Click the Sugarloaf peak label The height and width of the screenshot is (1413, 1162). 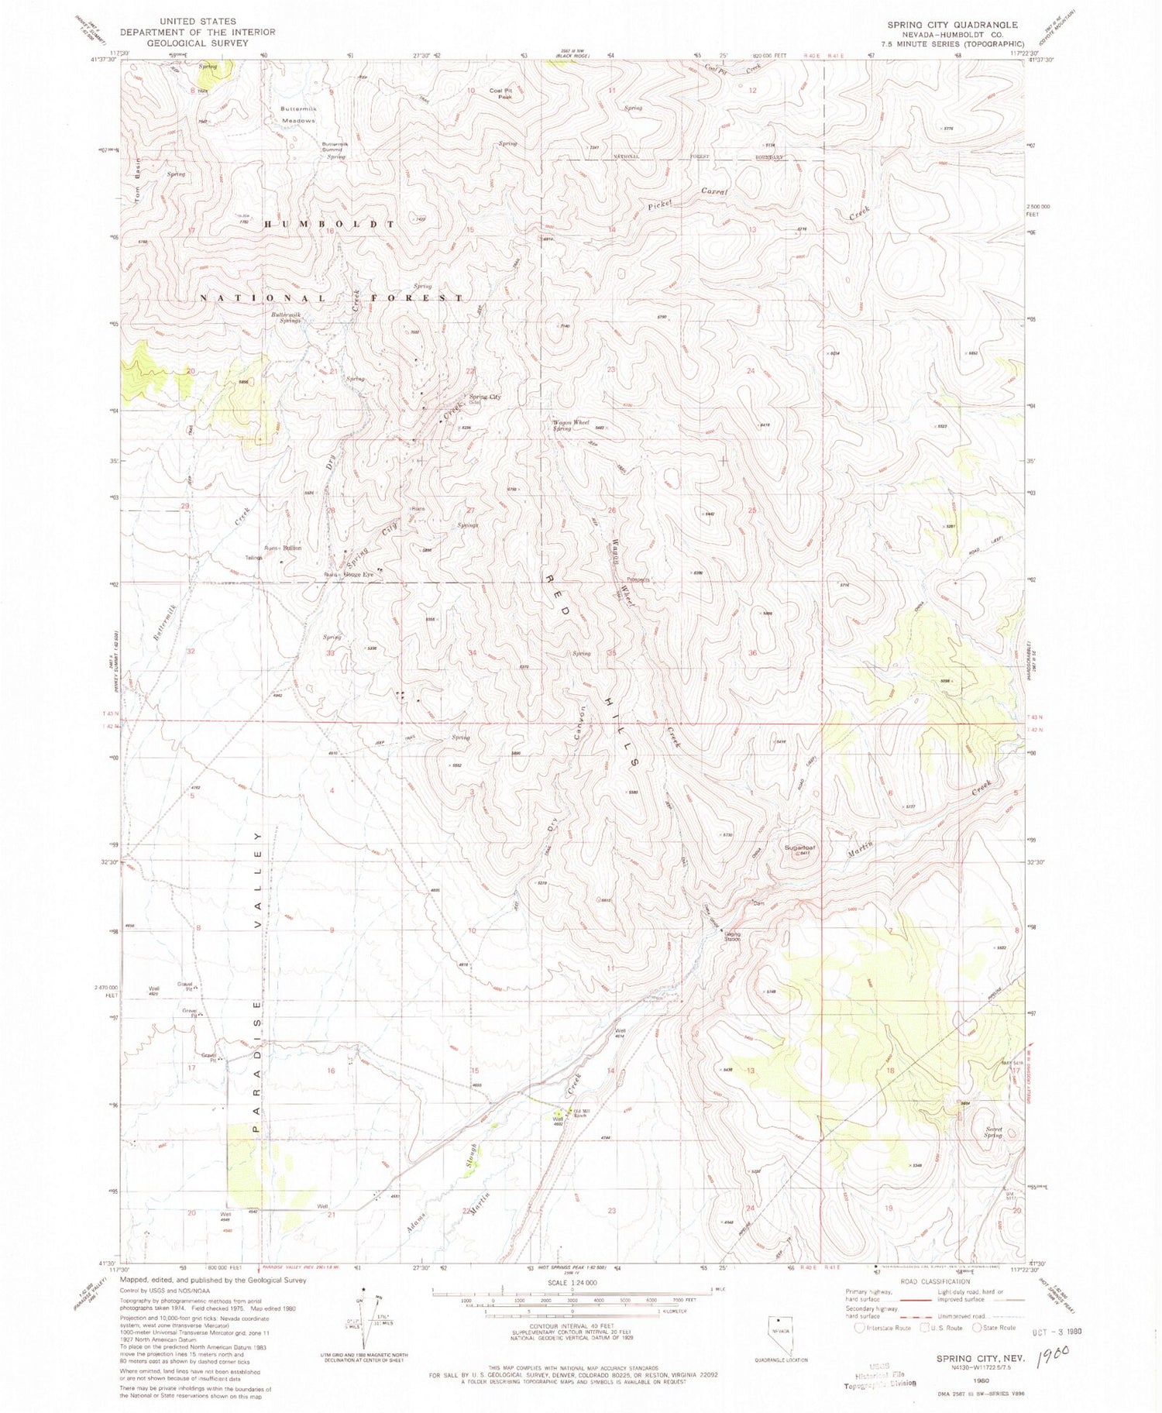click(800, 847)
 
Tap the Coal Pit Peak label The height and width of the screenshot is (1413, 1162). click(500, 94)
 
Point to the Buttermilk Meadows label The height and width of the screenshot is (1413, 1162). click(299, 115)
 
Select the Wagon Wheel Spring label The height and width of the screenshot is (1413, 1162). click(571, 425)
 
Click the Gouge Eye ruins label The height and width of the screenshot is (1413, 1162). click(359, 575)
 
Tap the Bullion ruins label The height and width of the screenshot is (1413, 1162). click(292, 548)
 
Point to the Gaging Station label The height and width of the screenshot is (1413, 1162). click(732, 936)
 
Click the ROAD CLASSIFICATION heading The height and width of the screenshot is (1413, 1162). click(937, 1281)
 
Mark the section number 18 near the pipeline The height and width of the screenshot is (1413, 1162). click(889, 1070)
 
